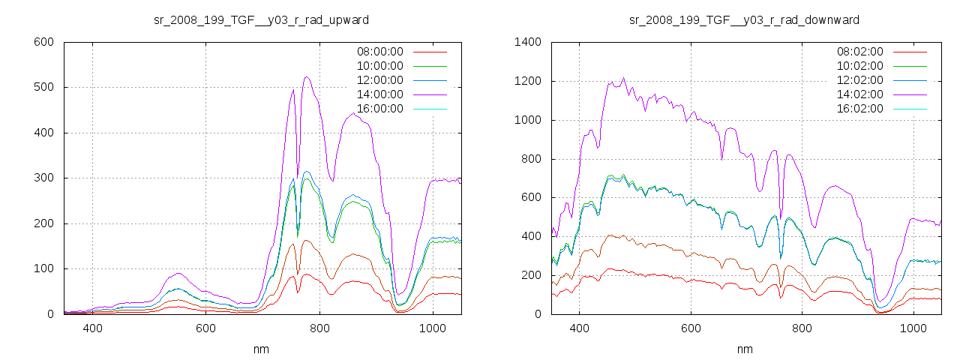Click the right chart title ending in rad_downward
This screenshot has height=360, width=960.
(x=744, y=19)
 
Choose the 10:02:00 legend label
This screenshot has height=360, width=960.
(x=859, y=66)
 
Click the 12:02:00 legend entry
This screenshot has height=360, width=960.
(x=859, y=80)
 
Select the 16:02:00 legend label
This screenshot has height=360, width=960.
(x=859, y=109)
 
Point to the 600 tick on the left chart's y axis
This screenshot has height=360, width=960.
(x=43, y=42)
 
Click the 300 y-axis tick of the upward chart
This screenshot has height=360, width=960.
(x=43, y=178)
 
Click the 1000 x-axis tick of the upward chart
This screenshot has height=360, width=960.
(x=432, y=328)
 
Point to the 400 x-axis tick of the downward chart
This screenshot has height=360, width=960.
(x=579, y=328)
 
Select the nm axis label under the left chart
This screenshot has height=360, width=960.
(x=261, y=349)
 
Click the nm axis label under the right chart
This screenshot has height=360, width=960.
(x=744, y=349)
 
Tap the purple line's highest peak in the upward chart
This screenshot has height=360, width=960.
(x=307, y=76)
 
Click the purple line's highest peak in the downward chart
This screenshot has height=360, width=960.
(x=623, y=78)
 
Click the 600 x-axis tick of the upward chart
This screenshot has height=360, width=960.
(x=205, y=328)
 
